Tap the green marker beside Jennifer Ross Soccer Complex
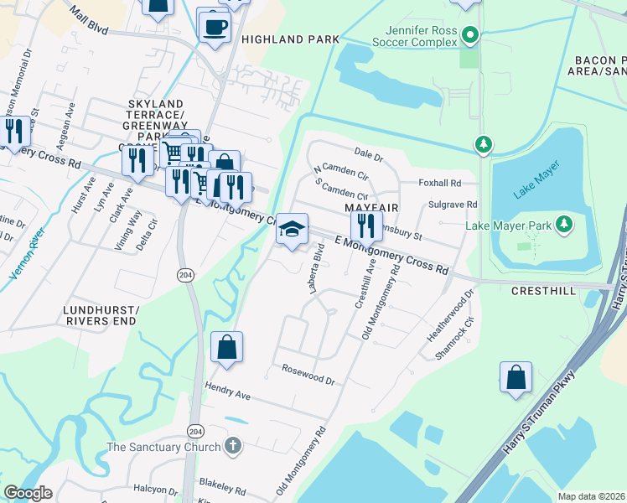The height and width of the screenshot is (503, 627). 470,35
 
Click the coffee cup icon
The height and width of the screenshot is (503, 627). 215,26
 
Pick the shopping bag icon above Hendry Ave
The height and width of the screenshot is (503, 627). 226,347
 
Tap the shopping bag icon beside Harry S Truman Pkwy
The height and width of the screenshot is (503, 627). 516,377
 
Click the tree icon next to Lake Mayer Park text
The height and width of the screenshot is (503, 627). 564,225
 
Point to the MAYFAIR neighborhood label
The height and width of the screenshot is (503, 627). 370,206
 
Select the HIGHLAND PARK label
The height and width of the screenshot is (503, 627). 290,39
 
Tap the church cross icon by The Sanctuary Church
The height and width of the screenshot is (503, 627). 232,447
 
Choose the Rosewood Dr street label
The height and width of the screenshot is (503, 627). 308,374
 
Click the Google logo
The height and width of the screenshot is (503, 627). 28,492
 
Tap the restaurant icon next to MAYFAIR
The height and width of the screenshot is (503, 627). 365,226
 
